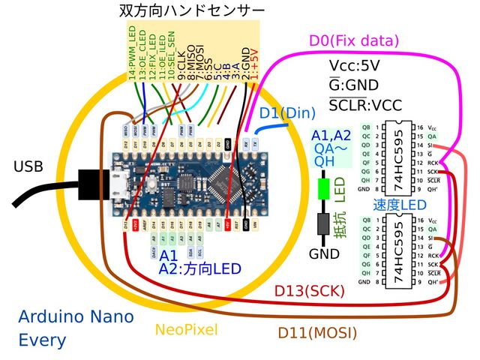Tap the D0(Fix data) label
pyautogui.click(x=354, y=40)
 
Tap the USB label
pyautogui.click(x=28, y=166)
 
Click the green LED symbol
pyautogui.click(x=324, y=189)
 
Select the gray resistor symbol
pyautogui.click(x=324, y=223)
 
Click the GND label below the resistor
pyautogui.click(x=324, y=254)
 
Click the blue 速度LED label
pyautogui.click(x=400, y=205)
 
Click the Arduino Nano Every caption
pyautogui.click(x=75, y=328)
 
